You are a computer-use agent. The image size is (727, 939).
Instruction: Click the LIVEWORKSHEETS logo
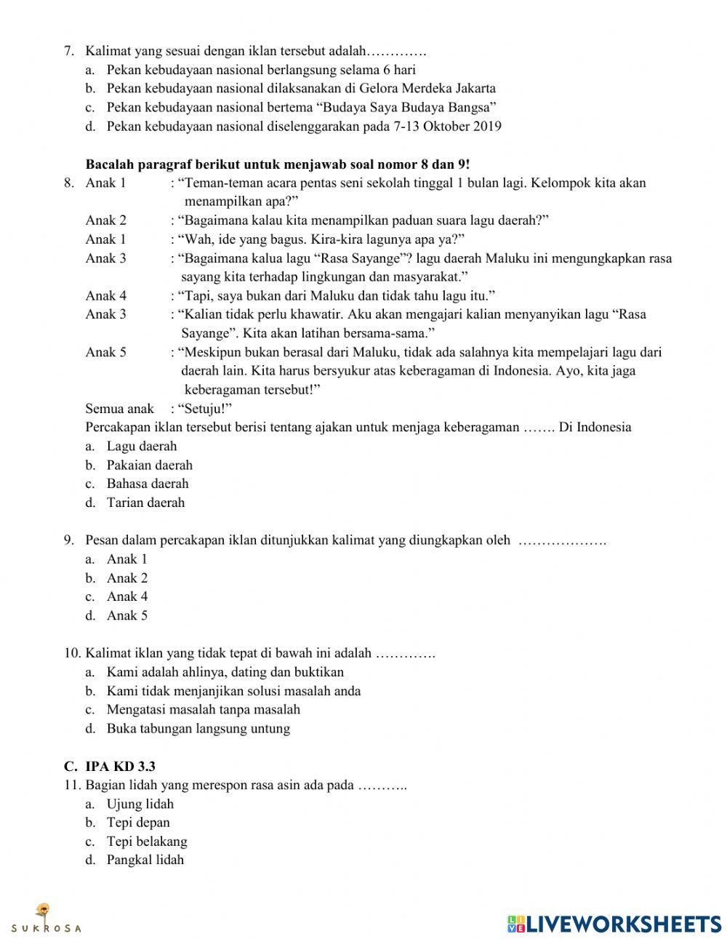coord(614,923)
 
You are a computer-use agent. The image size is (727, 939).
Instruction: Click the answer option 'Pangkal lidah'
coord(145,860)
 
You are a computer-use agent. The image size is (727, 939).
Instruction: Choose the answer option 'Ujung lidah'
coord(140,804)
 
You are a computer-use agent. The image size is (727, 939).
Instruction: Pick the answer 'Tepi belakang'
coord(146,842)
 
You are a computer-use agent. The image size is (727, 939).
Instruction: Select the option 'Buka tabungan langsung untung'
coord(198,728)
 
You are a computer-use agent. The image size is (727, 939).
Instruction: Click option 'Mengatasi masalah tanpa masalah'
coord(203,709)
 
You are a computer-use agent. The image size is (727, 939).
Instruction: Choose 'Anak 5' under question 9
coord(126,615)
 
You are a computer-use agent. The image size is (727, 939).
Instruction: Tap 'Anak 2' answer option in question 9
coord(126,578)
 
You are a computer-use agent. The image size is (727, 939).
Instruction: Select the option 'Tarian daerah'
coord(145,503)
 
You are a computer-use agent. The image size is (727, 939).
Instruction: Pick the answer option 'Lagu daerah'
coord(141,447)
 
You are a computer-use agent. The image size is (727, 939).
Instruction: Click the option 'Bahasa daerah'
coord(147,484)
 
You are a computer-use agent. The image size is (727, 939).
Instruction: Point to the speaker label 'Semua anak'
coord(119,409)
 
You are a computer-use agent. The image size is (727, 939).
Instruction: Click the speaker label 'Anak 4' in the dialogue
coord(105,296)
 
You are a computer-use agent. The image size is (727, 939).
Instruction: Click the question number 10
coord(72,653)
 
